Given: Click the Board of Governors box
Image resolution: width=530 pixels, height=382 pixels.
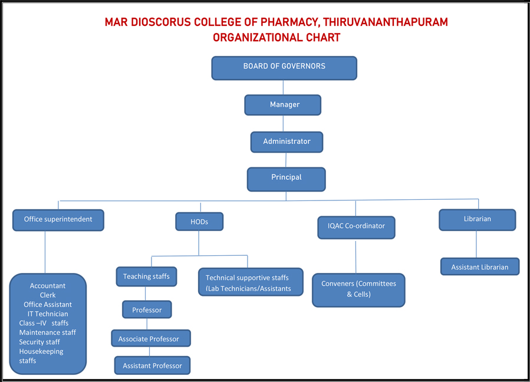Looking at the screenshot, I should (x=284, y=67).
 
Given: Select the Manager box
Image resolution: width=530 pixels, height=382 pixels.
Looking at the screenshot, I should (x=283, y=105).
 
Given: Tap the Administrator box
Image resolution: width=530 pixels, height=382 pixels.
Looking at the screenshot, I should (x=287, y=142).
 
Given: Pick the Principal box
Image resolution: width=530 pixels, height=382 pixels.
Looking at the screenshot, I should (x=286, y=179).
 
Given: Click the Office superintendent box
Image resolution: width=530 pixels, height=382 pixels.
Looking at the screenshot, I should (x=58, y=220).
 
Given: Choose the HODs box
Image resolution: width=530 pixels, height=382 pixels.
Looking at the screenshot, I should (x=199, y=222).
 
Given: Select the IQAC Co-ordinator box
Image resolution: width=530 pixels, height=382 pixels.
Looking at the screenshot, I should (x=356, y=227).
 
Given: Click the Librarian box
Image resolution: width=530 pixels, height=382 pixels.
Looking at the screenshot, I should (x=478, y=219).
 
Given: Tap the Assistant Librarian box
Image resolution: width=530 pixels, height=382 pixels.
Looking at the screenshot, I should (x=480, y=266).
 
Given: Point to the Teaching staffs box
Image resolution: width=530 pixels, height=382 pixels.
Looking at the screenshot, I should (x=146, y=276).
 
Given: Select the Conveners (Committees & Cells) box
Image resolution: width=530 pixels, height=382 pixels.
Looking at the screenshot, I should (x=358, y=289).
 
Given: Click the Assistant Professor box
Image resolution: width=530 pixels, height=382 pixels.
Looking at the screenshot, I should (x=152, y=365).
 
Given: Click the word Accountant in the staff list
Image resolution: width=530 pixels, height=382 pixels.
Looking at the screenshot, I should (x=48, y=286).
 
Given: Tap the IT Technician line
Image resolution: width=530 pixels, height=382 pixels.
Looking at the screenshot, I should (x=48, y=314).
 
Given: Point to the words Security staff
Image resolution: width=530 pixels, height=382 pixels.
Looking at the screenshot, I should (x=39, y=342).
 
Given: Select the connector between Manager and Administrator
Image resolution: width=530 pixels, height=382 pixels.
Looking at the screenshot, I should (x=284, y=123).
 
